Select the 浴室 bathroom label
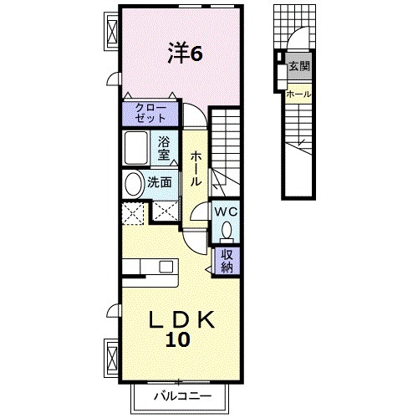pos(165,147)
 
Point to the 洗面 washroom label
pos(161,181)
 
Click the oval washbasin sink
pos(133,183)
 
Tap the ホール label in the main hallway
pos(195,168)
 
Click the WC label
pos(227,212)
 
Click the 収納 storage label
pos(227,262)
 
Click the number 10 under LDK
pos(177,339)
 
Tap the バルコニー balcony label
pos(181,395)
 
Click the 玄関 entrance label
pos(298,66)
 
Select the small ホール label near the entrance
pos(298,94)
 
